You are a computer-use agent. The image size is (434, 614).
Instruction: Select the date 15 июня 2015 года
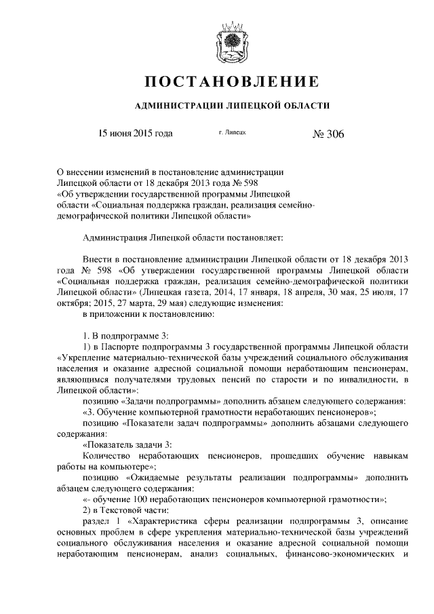click(136, 133)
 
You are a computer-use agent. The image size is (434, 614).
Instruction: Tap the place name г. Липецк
click(232, 134)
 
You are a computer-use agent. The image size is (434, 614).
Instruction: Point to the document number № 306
click(328, 134)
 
